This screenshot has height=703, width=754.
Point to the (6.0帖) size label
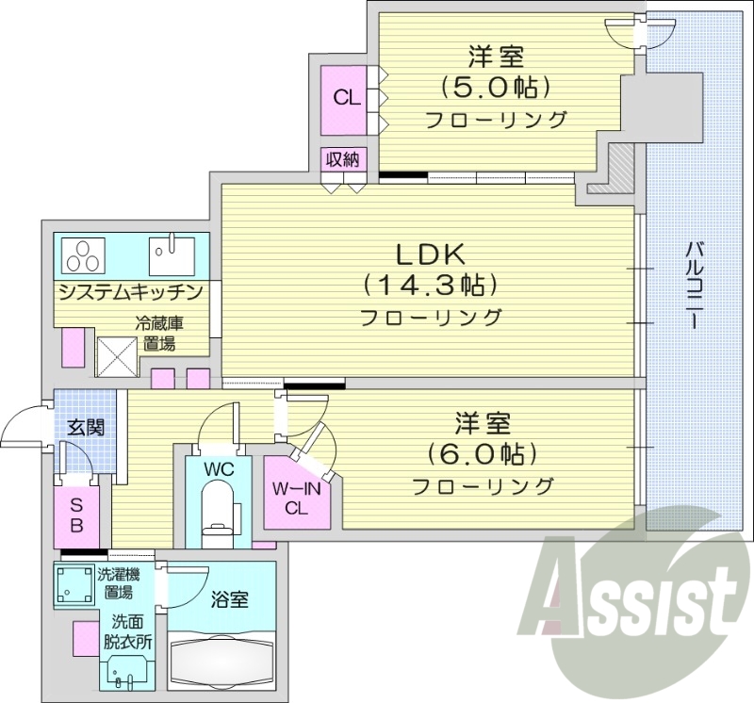point(482,453)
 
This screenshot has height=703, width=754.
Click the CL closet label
point(346,97)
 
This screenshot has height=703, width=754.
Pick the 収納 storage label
point(342,159)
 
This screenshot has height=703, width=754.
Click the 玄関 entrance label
point(85,427)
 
